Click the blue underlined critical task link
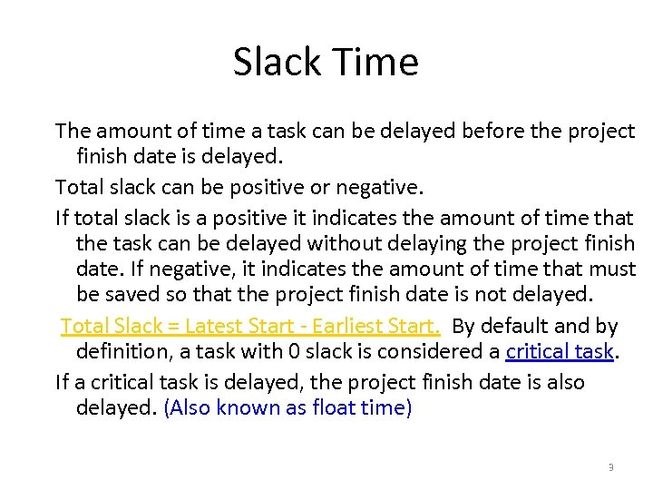coord(560,351)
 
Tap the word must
coord(614,269)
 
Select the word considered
coord(424,351)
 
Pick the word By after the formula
coord(463,326)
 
